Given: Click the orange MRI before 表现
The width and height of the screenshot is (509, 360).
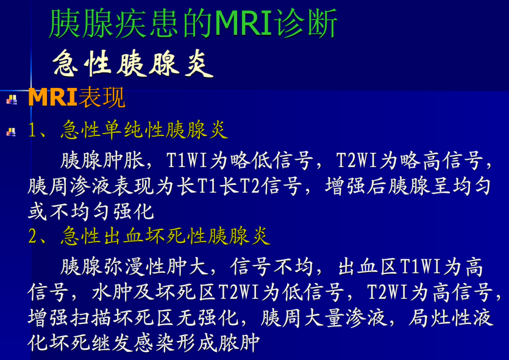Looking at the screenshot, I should pyautogui.click(x=52, y=98).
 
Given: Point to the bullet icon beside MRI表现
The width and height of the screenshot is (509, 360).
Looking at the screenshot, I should pyautogui.click(x=12, y=99).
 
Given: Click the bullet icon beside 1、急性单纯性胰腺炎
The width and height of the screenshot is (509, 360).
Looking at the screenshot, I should pyautogui.click(x=12, y=131).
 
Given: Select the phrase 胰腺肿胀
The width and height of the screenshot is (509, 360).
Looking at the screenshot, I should pyautogui.click(x=102, y=160).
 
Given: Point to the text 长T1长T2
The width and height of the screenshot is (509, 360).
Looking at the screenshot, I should pyautogui.click(x=220, y=186).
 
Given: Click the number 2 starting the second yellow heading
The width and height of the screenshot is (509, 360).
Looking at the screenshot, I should pyautogui.click(x=33, y=236).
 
